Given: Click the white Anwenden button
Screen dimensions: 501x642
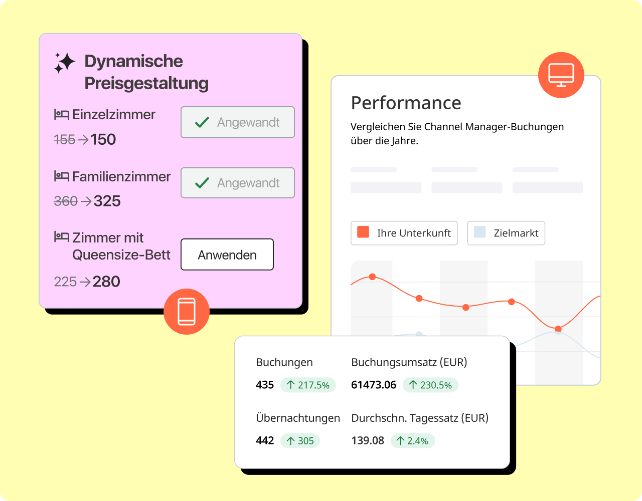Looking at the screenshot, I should point(227,255).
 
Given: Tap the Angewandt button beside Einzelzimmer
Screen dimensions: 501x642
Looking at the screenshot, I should point(237,122).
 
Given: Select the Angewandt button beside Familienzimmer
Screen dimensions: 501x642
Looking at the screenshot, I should point(237,183).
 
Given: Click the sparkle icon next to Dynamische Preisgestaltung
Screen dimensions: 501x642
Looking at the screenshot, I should point(64,63).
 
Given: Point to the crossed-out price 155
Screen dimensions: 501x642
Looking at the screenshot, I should point(64,139).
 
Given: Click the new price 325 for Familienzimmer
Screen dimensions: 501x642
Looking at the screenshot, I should point(107,201).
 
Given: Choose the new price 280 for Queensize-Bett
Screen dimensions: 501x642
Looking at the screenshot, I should point(106,282).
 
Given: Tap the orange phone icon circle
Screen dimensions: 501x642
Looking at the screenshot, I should point(187,311).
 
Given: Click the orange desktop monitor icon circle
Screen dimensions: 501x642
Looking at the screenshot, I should point(561,75).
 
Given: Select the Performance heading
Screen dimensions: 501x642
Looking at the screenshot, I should point(406,103).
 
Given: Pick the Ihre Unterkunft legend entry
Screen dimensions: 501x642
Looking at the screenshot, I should point(404,233).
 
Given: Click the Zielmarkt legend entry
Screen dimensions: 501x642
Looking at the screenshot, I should point(506,233).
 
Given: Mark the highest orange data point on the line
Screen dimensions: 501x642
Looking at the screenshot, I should point(372,277).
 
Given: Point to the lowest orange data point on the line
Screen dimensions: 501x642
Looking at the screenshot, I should point(558,329).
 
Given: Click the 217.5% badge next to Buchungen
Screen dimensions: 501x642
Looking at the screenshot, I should point(308,385).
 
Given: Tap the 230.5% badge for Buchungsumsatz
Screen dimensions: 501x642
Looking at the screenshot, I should point(430,385).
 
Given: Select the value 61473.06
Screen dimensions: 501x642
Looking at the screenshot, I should point(374,385).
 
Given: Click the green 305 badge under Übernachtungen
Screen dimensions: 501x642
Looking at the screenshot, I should point(300,441).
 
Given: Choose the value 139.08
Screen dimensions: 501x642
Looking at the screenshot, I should point(368,441).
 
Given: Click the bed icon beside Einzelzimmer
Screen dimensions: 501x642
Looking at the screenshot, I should point(61,115).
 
